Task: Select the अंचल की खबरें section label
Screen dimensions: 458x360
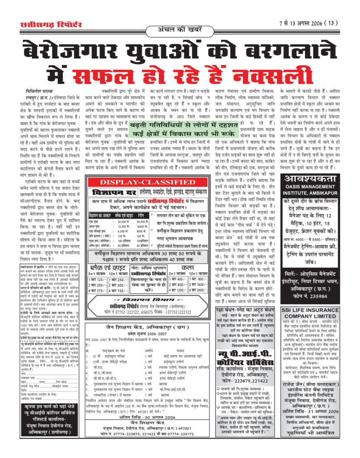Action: coord(179,30)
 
